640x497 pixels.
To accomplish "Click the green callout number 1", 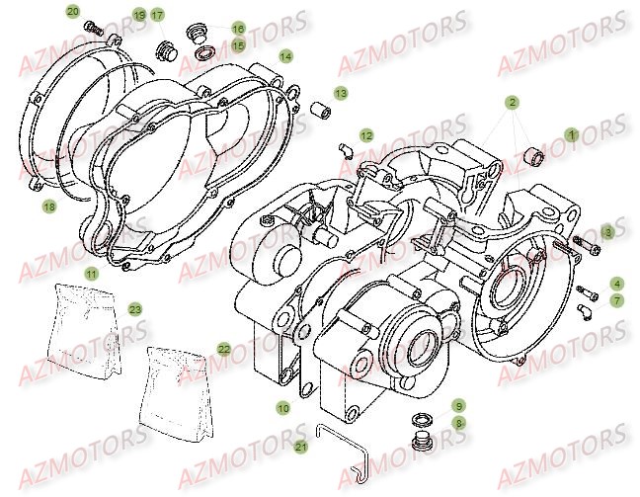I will pos(570,133).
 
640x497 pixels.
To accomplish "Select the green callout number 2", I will pos(513,102).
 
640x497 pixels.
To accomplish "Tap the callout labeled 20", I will pos(72,11).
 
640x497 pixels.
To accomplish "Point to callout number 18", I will pos(48,207).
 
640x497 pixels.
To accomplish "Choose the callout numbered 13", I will pos(340,92).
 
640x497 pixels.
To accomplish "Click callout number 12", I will pos(365,134).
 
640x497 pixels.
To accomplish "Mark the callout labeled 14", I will pos(284,57).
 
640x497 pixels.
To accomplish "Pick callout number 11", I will pos(90,273).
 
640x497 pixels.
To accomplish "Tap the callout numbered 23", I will pos(135,309).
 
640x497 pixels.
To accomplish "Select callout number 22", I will pos(224,349).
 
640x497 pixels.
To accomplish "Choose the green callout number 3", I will pos(607,231).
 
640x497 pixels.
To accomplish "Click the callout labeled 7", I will pos(614,299).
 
